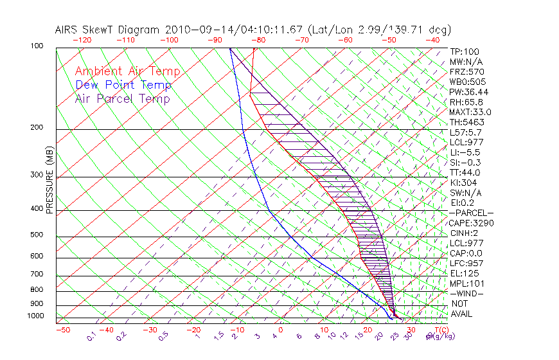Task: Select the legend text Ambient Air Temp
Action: [x=127, y=71]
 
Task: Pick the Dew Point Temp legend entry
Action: [x=123, y=85]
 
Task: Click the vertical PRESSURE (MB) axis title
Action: [x=50, y=181]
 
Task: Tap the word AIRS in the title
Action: [x=67, y=30]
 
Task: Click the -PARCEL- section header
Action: [x=472, y=213]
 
